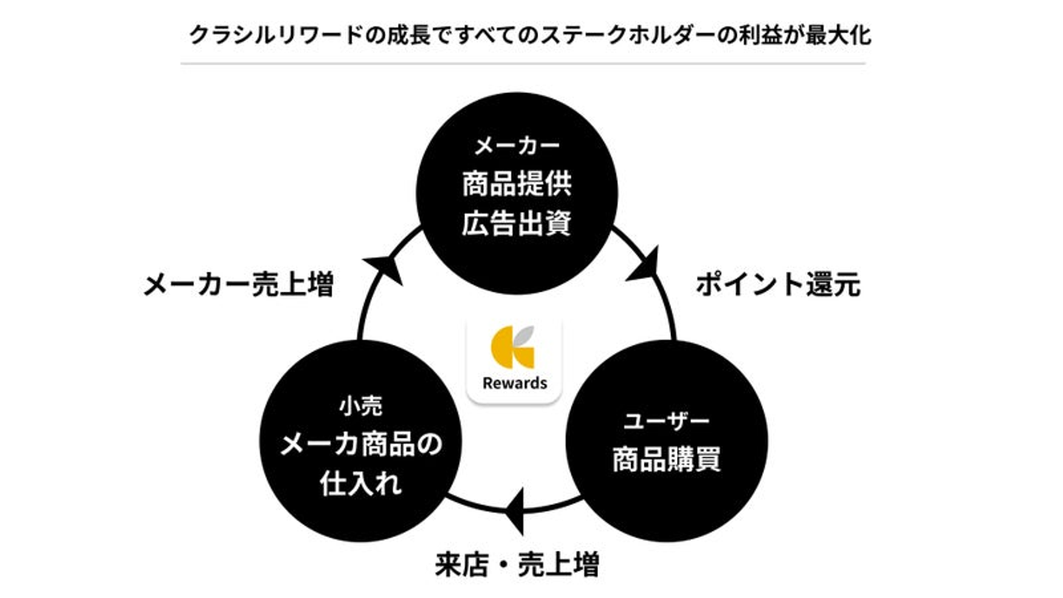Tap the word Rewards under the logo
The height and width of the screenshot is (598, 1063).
(x=515, y=383)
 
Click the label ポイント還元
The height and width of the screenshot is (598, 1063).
(x=778, y=285)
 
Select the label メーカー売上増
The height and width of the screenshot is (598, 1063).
(x=238, y=285)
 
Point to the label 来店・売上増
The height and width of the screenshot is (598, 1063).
(x=517, y=566)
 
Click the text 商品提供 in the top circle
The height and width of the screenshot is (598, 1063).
(x=517, y=185)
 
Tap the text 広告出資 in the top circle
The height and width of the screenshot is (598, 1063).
(x=517, y=224)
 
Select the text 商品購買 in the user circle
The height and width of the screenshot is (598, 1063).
(x=667, y=460)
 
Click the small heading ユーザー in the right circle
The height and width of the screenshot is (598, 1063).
(x=667, y=422)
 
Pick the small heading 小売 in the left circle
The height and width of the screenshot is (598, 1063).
(x=360, y=405)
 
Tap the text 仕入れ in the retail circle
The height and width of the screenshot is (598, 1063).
(x=360, y=484)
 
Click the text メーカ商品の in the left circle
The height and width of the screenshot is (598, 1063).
(x=360, y=444)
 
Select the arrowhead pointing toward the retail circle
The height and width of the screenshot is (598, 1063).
(x=516, y=510)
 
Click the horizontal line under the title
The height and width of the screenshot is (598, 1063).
(x=523, y=63)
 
